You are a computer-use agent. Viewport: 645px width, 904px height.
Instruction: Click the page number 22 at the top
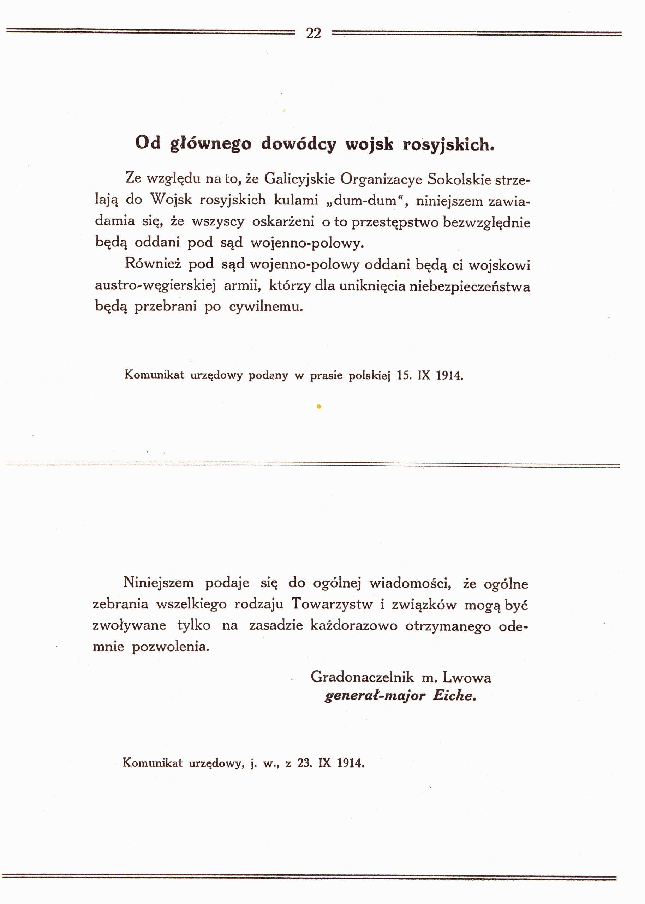(313, 33)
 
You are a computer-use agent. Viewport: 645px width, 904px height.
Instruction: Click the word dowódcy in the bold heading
(298, 144)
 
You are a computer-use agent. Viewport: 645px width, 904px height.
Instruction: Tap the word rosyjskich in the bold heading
(448, 144)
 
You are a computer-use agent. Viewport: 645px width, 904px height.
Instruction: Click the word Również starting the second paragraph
(153, 263)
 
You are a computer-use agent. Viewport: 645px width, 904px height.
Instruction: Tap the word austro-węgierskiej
(155, 286)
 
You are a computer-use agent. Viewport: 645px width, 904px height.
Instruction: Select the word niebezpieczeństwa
(470, 286)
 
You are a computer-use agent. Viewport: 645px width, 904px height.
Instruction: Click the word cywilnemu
(266, 307)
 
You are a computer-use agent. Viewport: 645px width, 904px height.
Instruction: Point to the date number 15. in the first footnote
(404, 375)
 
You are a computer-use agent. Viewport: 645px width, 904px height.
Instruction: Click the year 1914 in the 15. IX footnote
(449, 375)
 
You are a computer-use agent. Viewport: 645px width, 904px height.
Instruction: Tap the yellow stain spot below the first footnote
(318, 406)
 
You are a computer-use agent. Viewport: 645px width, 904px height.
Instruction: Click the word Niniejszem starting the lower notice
(159, 583)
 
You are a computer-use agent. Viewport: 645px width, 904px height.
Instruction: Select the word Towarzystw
(332, 604)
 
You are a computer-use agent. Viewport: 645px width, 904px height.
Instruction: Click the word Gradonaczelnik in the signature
(362, 677)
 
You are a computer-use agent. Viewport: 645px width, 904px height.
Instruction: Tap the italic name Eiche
(454, 695)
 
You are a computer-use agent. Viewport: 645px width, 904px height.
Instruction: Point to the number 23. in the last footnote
(304, 763)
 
